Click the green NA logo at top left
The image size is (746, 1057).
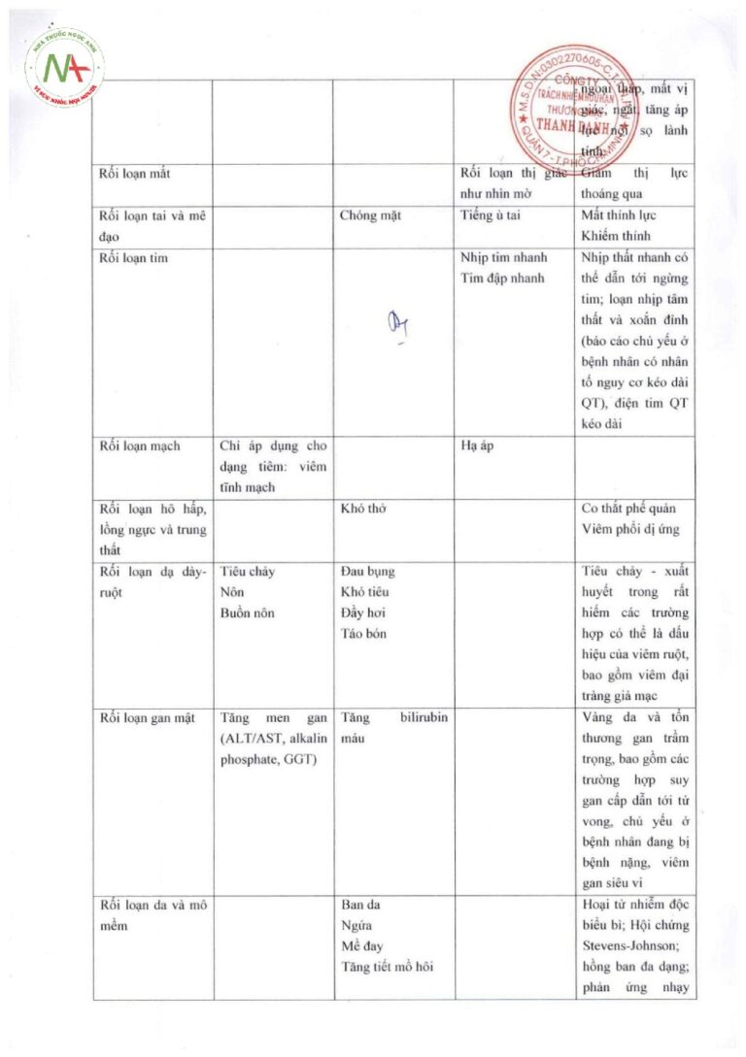(67, 67)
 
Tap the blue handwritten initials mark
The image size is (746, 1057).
(395, 325)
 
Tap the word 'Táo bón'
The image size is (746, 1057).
(364, 633)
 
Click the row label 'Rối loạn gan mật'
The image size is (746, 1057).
(147, 718)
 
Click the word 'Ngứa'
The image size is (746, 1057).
(356, 926)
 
